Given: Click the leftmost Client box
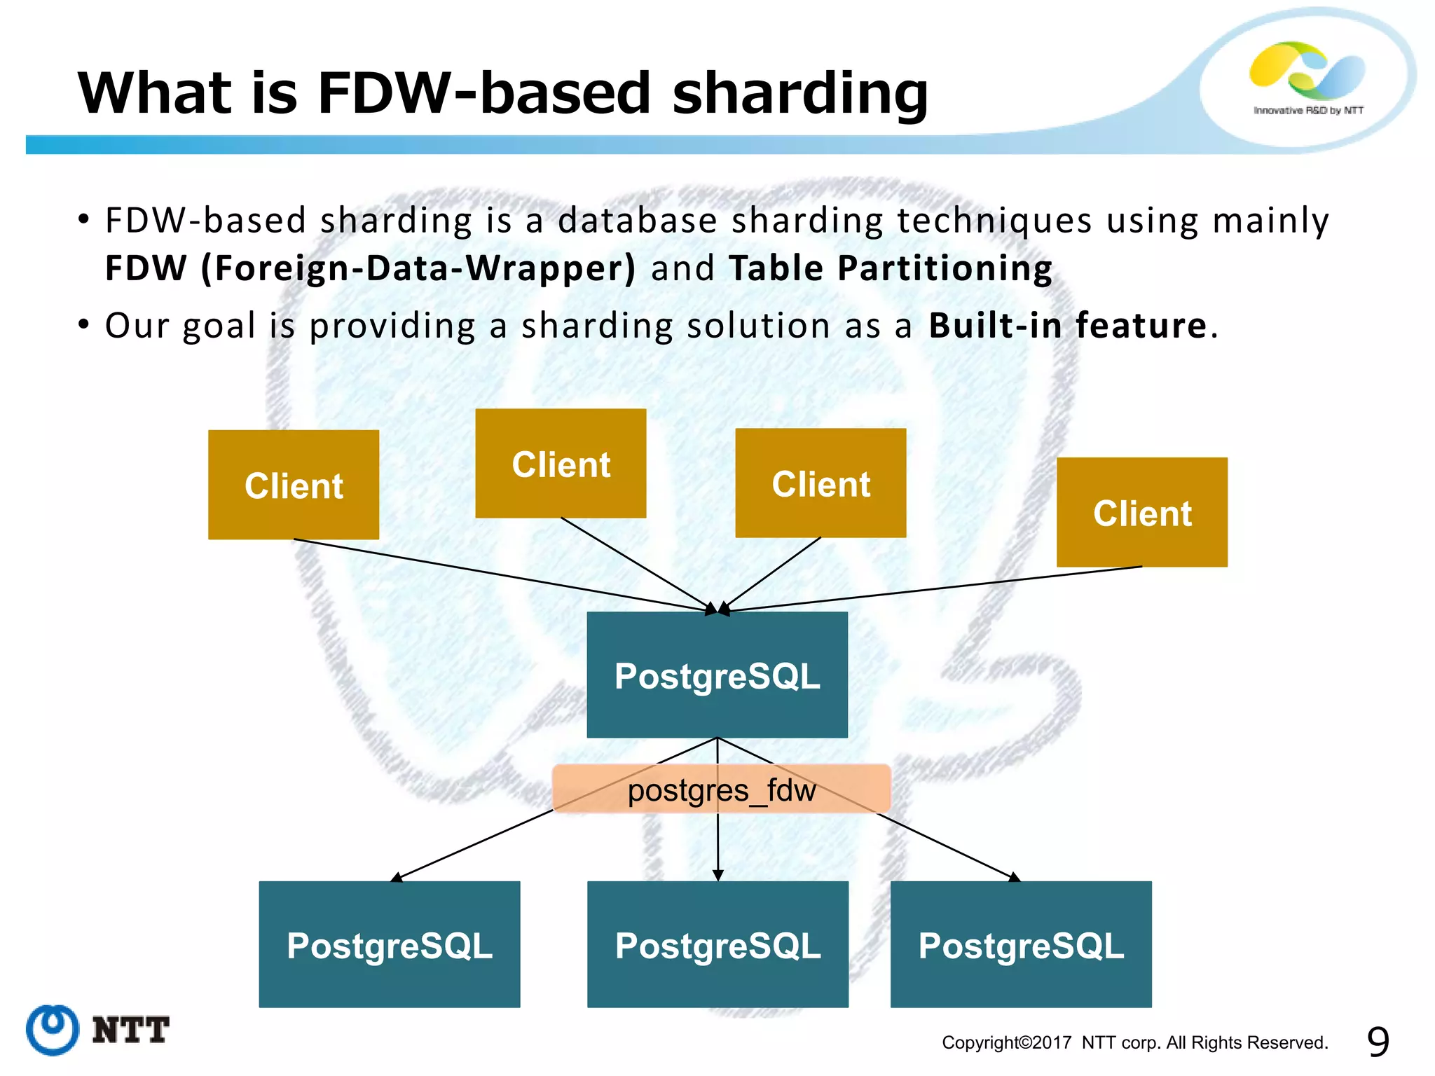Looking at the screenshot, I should pyautogui.click(x=294, y=485).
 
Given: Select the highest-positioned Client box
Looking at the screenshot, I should pyautogui.click(x=561, y=464).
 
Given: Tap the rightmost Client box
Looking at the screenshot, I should pyautogui.click(x=1142, y=512).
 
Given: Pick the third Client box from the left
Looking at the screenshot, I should pyautogui.click(x=821, y=483).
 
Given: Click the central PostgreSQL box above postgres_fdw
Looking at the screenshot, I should pyautogui.click(x=717, y=675).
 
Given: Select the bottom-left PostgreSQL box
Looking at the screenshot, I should pyautogui.click(x=390, y=944).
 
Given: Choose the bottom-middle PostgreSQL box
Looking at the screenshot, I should pyautogui.click(x=717, y=944).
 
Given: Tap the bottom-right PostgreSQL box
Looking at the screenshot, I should pyautogui.click(x=1021, y=944).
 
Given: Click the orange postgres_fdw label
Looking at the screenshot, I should pyautogui.click(x=721, y=789).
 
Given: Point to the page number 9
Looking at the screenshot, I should pyautogui.click(x=1378, y=1042).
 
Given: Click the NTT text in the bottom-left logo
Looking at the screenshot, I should pyautogui.click(x=130, y=1030).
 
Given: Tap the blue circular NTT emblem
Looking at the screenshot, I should pyautogui.click(x=53, y=1030).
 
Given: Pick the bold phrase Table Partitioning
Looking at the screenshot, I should pyautogui.click(x=890, y=268).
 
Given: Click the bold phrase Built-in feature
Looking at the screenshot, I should pyautogui.click(x=1067, y=326).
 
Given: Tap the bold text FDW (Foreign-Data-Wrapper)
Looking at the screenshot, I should pyautogui.click(x=370, y=268).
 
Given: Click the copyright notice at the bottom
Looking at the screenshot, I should pyautogui.click(x=1134, y=1042).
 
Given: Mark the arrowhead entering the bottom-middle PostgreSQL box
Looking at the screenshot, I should pyautogui.click(x=717, y=875).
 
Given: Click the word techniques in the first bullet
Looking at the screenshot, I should pyautogui.click(x=994, y=221).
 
